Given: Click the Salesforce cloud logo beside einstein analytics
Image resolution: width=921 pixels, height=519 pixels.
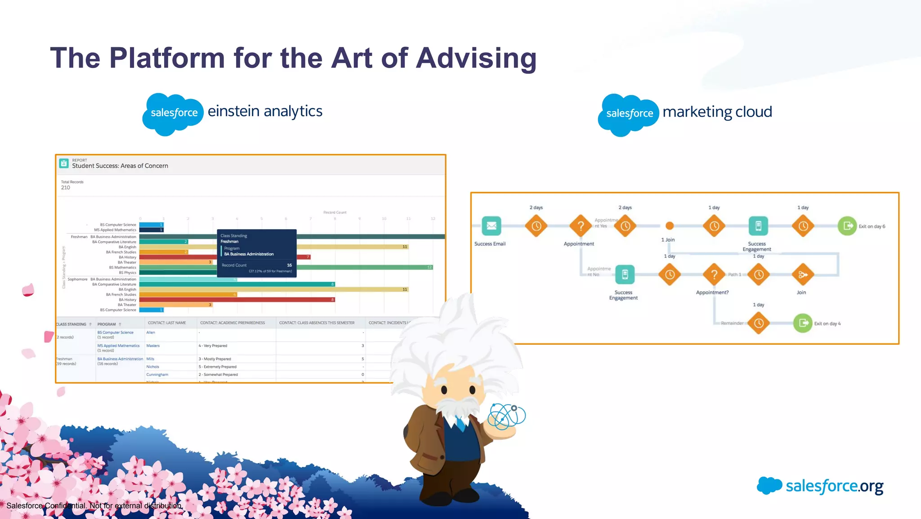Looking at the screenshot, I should pos(174,113).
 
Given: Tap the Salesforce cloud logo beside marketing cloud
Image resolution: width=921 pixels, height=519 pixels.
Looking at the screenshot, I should pos(629,114).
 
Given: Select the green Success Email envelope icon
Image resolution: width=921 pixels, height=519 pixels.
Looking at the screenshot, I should pos(491,226).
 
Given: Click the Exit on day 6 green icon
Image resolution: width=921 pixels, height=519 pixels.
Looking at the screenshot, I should pos(847,226).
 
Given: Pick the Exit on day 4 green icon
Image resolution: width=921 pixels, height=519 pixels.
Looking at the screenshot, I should pos(803,323).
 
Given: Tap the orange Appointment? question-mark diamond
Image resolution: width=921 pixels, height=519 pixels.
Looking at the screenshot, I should pos(714,275).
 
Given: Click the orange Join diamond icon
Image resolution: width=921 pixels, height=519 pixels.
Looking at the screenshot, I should pos(803,275).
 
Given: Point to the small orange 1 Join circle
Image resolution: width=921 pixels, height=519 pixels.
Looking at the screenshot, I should pos(670,226).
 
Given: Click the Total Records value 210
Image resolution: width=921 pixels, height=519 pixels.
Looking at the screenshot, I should pos(66,188).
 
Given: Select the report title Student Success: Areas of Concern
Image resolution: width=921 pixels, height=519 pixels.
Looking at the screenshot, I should pos(120,166).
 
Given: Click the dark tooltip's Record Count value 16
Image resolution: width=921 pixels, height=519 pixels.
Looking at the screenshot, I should pos(289,265).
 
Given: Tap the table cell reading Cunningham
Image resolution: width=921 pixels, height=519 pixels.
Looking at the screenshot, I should pos(157,375).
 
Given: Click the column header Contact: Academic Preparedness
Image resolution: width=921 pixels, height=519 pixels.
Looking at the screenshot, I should pos(232,323).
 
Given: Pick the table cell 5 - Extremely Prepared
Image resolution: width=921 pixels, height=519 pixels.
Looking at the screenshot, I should pos(218,367).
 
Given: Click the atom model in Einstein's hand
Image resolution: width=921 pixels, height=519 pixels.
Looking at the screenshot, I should pos(507,416).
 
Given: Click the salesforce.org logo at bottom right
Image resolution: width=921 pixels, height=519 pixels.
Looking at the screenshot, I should pos(820,486).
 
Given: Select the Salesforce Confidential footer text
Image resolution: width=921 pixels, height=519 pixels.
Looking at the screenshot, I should pos(94,506).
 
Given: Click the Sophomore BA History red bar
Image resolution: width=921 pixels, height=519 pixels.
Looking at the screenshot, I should pos(237,300).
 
